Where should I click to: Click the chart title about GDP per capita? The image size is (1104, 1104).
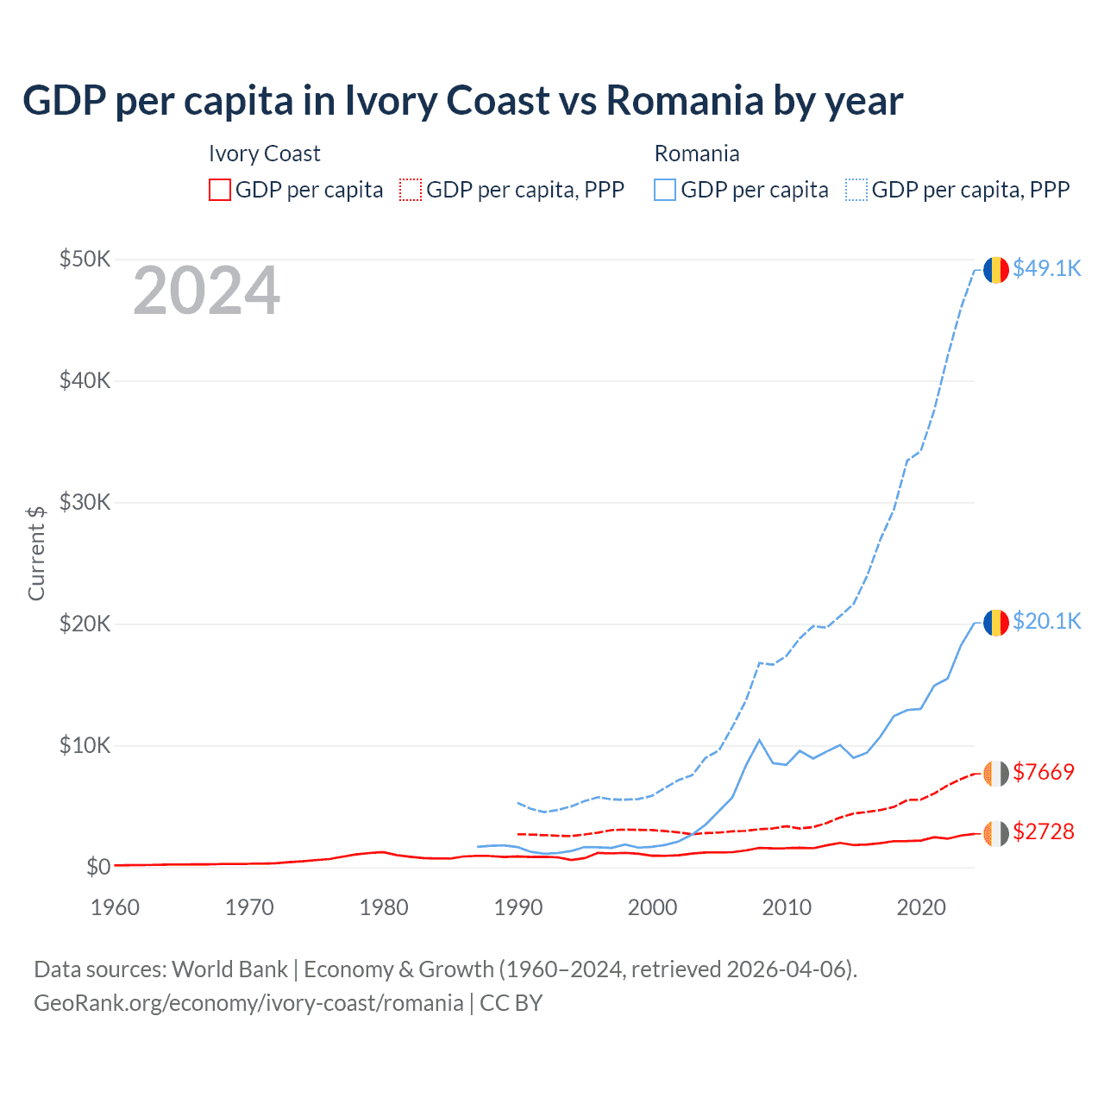tap(462, 101)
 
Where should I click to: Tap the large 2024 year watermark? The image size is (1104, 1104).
tap(206, 291)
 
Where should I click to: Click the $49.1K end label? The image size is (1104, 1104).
tap(1046, 268)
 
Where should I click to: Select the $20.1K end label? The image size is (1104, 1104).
tap(1046, 621)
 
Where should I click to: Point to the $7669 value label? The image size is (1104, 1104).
tap(1044, 772)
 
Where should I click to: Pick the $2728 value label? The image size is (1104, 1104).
tap(1044, 831)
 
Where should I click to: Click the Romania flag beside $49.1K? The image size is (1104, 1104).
tap(996, 270)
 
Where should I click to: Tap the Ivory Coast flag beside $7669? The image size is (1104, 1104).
tap(996, 774)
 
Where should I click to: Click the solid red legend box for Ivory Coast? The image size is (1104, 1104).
tap(220, 190)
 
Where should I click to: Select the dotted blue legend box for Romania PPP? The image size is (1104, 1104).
tap(856, 190)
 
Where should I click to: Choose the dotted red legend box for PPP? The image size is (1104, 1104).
tap(411, 190)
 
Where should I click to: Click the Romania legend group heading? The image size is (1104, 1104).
tap(697, 154)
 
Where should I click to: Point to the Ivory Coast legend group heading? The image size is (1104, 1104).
tap(264, 154)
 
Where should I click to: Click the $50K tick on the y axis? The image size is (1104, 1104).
tap(85, 259)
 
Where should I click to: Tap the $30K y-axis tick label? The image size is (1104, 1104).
tap(85, 502)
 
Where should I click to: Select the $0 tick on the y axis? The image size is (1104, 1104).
tap(97, 867)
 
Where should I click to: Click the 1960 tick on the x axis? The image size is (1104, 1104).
tap(115, 907)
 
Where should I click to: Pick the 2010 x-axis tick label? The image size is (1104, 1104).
tap(787, 907)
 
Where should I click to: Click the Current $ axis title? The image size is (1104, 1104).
tap(36, 553)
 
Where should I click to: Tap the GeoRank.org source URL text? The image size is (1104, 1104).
tap(248, 1003)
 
